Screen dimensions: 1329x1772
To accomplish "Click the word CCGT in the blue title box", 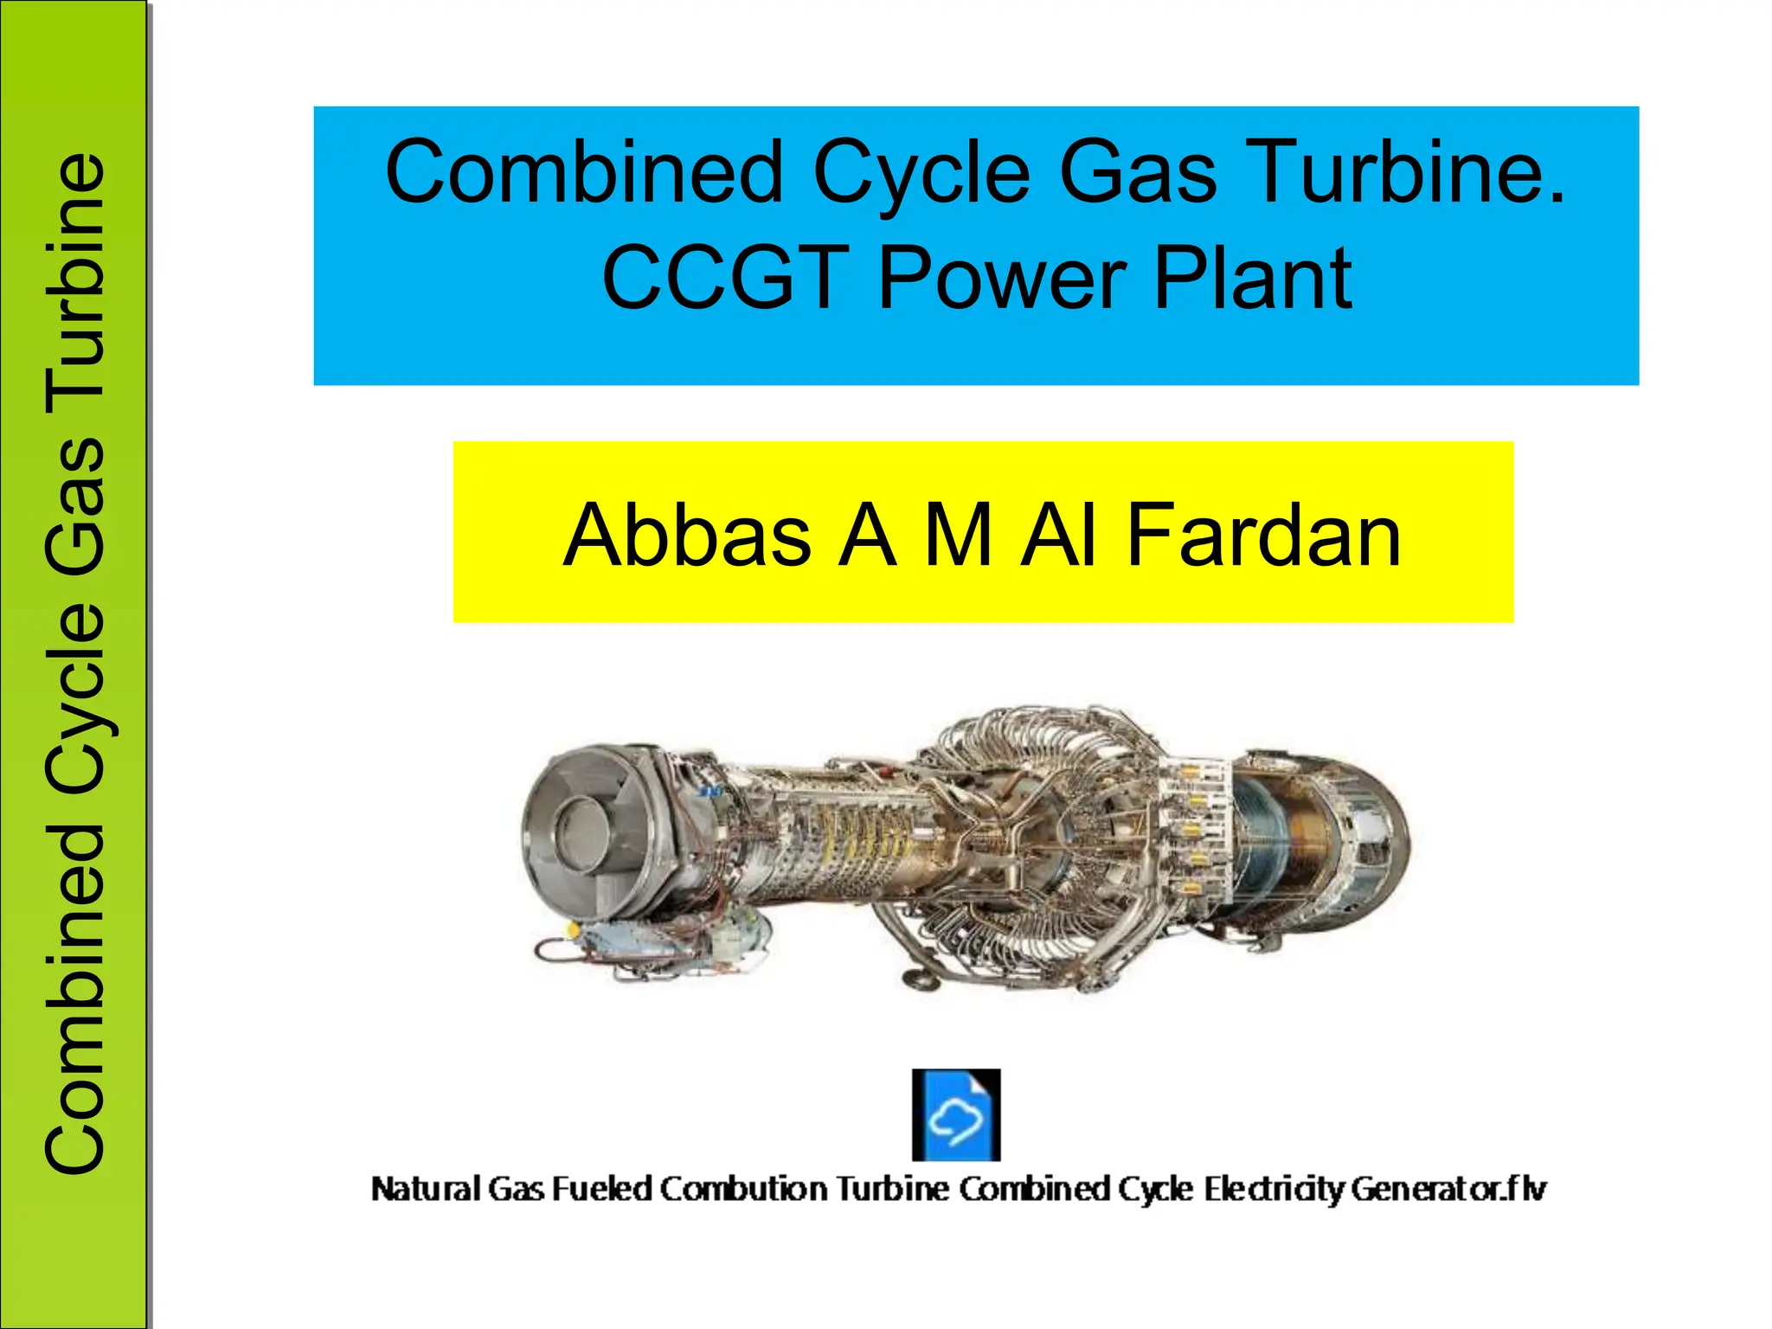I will (724, 278).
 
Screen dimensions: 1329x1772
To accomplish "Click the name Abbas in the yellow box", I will (687, 536).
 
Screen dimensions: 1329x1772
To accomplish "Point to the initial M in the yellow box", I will (958, 536).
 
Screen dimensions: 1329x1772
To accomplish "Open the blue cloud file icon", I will (956, 1114).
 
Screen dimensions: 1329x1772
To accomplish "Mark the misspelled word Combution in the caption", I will (744, 1190).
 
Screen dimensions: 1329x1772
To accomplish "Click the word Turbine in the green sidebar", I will (76, 278).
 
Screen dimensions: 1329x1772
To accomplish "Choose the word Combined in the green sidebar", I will (76, 999).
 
